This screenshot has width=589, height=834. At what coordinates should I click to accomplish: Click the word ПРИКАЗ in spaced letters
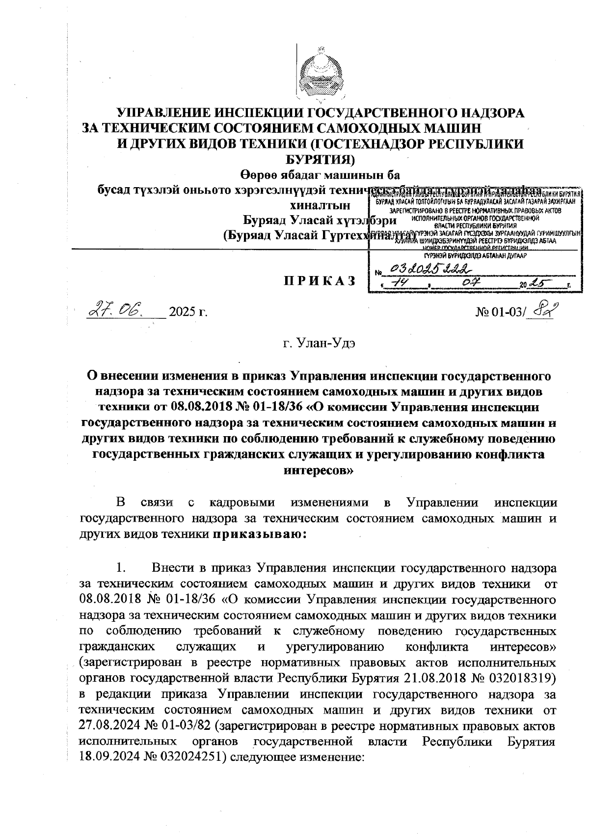319,280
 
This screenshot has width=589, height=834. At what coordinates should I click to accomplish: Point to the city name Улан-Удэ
319,342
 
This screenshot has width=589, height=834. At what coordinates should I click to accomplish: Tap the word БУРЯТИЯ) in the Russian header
320,160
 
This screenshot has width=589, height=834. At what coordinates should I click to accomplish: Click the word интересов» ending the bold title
319,470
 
